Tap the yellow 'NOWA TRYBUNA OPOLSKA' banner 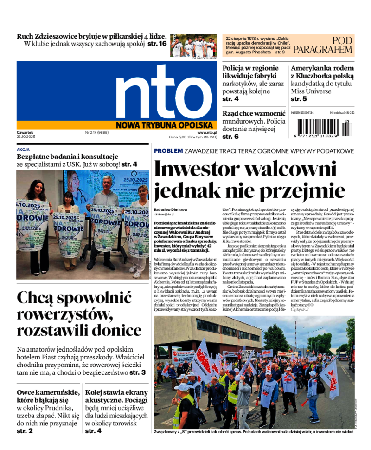point(166,124)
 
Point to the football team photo point(193,45)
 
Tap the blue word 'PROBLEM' point(168,151)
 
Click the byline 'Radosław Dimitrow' point(171,209)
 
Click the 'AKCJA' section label point(23,150)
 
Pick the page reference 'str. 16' point(157,44)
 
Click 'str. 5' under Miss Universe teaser point(298,99)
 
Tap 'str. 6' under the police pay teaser point(230,137)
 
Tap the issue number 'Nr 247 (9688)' point(96,132)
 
